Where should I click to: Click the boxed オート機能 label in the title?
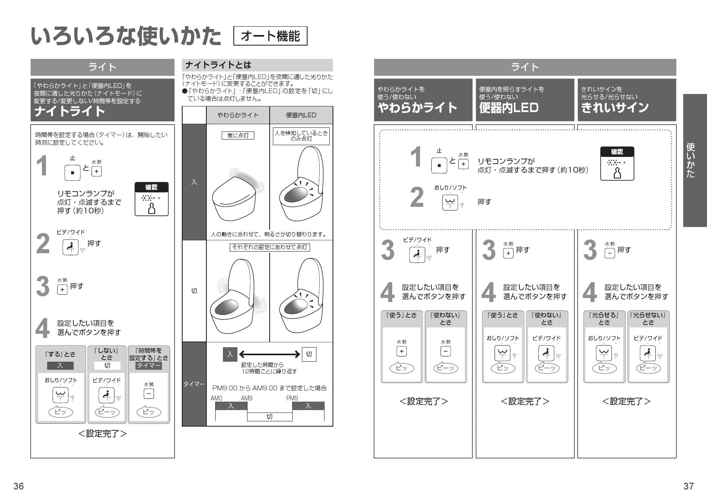click(x=270, y=36)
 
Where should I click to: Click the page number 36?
click(x=19, y=486)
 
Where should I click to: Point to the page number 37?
click(x=688, y=486)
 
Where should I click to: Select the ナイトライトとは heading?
click(x=218, y=65)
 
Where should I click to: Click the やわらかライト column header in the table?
click(x=238, y=115)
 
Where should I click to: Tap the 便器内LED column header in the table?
click(x=301, y=115)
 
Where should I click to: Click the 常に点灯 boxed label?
click(x=238, y=135)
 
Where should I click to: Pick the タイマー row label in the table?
click(x=194, y=384)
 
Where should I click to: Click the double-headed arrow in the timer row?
click(x=269, y=354)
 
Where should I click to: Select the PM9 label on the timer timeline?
click(x=292, y=398)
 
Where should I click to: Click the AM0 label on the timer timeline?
click(x=216, y=398)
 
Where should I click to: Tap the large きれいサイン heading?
click(x=615, y=108)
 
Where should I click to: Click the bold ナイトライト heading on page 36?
click(x=69, y=111)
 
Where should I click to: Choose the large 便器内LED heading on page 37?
click(x=509, y=108)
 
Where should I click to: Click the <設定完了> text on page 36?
click(x=102, y=433)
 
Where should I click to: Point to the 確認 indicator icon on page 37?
click(x=617, y=163)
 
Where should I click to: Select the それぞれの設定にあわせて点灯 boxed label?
click(x=270, y=247)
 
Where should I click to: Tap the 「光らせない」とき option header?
click(x=648, y=319)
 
